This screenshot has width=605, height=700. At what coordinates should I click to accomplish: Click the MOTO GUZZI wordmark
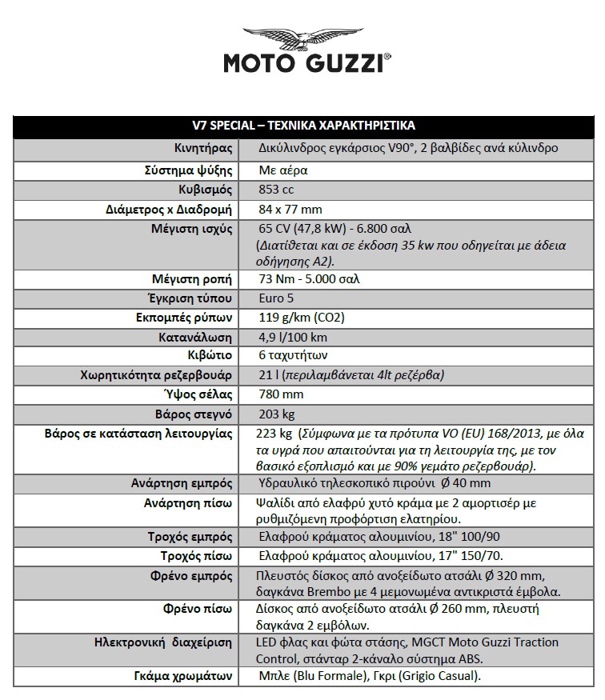[x=307, y=63]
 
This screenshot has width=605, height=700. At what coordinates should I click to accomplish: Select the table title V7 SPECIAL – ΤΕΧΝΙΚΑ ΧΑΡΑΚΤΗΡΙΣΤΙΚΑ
[x=303, y=126]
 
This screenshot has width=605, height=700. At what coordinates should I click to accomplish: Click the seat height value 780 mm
[x=282, y=394]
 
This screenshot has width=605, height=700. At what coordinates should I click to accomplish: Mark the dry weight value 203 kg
[x=278, y=414]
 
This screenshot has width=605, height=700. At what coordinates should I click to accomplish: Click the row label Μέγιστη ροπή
[x=192, y=279]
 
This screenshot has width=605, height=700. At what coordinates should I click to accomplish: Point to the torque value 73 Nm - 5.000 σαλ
[x=310, y=279]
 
